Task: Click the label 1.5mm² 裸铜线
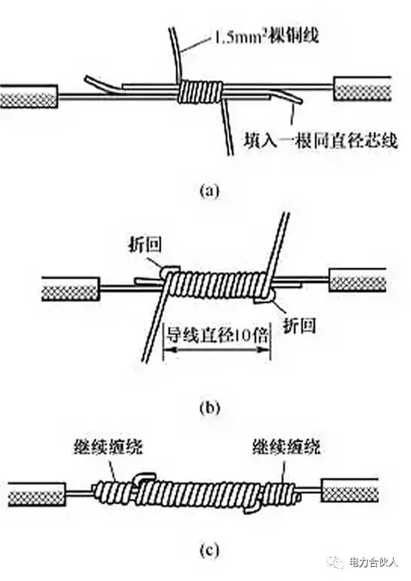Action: pyautogui.click(x=266, y=37)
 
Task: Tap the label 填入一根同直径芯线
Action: pyautogui.click(x=320, y=141)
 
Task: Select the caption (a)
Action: pyautogui.click(x=209, y=191)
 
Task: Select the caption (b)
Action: pyautogui.click(x=209, y=407)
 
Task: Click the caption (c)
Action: pyautogui.click(x=209, y=549)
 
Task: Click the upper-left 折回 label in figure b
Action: pyautogui.click(x=145, y=245)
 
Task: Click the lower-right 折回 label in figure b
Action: pyautogui.click(x=299, y=326)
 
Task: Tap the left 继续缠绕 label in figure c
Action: pyautogui.click(x=108, y=447)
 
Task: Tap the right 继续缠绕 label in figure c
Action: pyautogui.click(x=286, y=447)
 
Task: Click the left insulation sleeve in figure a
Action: pyautogui.click(x=29, y=97)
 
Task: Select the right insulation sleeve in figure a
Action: pyautogui.click(x=363, y=88)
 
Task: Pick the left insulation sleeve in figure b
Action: pyautogui.click(x=70, y=289)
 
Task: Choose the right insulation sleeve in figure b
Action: pyautogui.click(x=357, y=280)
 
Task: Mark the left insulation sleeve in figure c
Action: pyautogui.click(x=37, y=494)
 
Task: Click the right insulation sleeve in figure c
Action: pyautogui.click(x=351, y=490)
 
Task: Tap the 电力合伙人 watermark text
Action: pyautogui.click(x=373, y=563)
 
